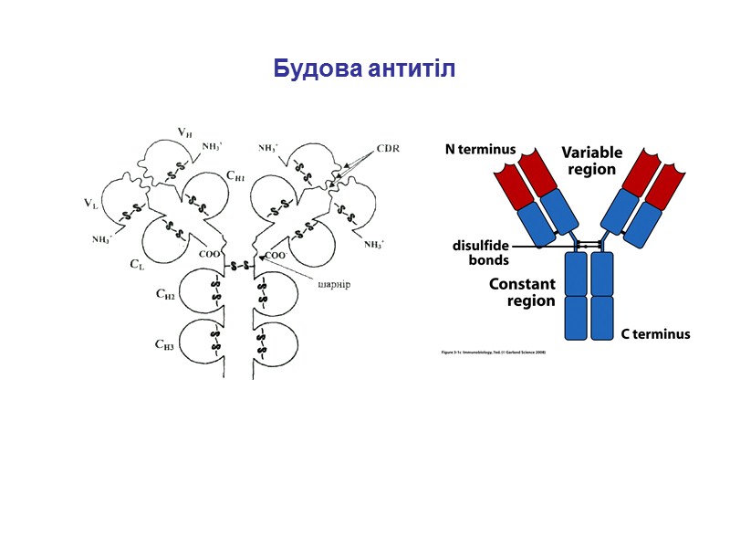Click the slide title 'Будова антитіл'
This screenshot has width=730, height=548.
point(364,68)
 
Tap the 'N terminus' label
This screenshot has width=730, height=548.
point(480,149)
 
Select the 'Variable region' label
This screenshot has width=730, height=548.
point(590,160)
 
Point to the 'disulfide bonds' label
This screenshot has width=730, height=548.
point(481,253)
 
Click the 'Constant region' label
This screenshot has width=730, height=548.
point(521,292)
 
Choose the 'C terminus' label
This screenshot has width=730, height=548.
point(655,334)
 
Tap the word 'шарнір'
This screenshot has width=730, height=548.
point(334,283)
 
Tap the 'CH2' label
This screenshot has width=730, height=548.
point(164,295)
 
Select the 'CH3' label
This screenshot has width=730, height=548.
point(164,344)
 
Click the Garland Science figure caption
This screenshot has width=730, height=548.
point(493,351)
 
